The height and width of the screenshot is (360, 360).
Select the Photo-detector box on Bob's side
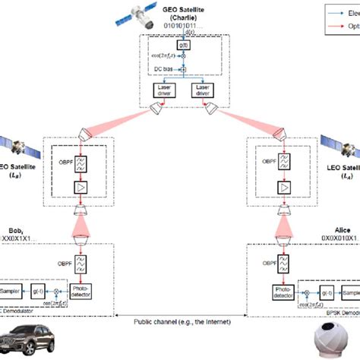click(x=80, y=292)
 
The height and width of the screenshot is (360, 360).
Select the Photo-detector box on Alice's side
click(x=281, y=292)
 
